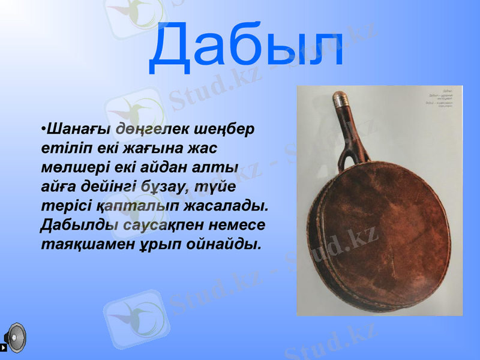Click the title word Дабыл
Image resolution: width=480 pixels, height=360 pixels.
(247, 46)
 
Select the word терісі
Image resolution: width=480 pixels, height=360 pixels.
(65, 206)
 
